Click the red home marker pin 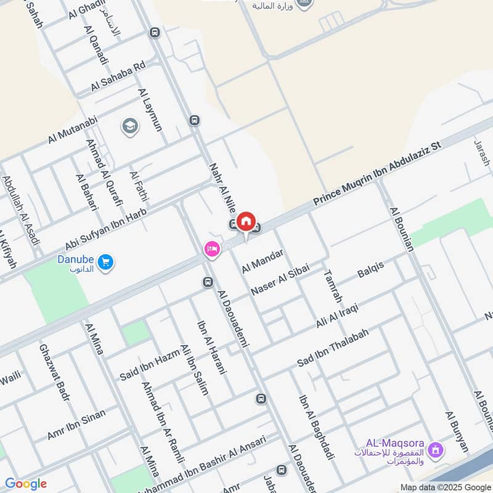pyautogui.click(x=246, y=221)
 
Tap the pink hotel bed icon pyautogui.click(x=211, y=249)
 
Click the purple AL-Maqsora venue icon pyautogui.click(x=436, y=450)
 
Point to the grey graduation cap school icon pyautogui.click(x=130, y=126)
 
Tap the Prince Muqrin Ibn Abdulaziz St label pyautogui.click(x=378, y=174)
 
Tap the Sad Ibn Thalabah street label pyautogui.click(x=333, y=347)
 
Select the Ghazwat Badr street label pyautogui.click(x=54, y=372)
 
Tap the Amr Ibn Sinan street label pyautogui.click(x=76, y=424)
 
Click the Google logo pyautogui.click(x=26, y=484)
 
